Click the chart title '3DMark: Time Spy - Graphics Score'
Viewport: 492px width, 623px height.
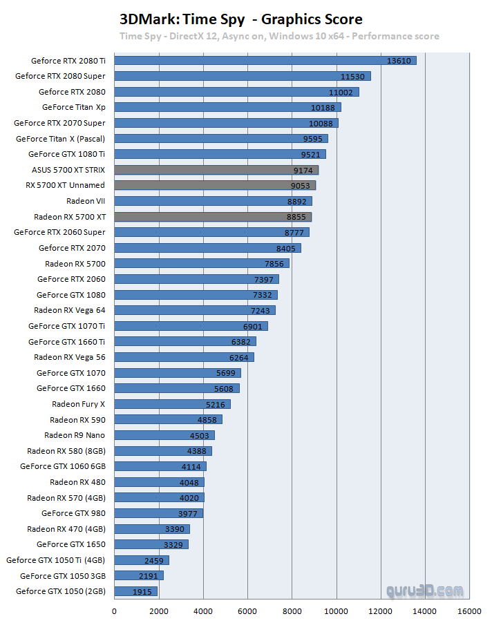click(x=241, y=19)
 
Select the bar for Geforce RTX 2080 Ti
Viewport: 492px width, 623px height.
click(x=265, y=61)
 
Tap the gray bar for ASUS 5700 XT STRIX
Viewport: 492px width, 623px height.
click(x=216, y=170)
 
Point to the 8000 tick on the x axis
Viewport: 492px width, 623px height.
click(x=292, y=611)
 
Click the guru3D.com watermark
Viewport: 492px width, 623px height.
click(x=425, y=591)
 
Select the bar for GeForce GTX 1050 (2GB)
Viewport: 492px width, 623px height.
click(x=135, y=591)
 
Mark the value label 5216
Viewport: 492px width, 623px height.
click(x=216, y=404)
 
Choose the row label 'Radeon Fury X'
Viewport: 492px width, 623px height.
click(x=78, y=404)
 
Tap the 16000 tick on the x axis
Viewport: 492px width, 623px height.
click(x=469, y=611)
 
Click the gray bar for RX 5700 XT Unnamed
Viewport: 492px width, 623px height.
click(x=214, y=185)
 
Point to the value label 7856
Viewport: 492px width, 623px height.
click(x=274, y=264)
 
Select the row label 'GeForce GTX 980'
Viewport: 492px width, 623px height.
click(x=73, y=513)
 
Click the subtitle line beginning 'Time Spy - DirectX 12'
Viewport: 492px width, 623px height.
click(x=278, y=36)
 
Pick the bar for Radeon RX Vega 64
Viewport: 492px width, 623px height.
click(x=194, y=310)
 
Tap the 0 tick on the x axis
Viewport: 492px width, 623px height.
click(x=114, y=611)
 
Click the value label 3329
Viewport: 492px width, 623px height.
click(x=173, y=544)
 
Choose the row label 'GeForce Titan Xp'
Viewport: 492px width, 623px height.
click(x=73, y=107)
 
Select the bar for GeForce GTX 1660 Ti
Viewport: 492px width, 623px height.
click(x=184, y=341)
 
